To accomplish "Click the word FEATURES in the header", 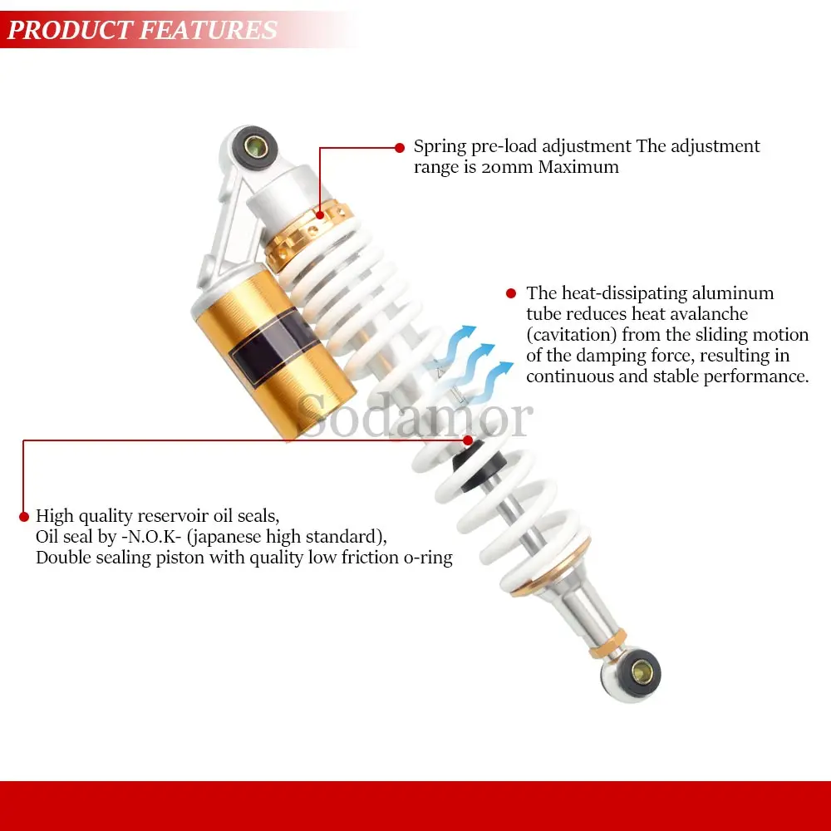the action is point(209,30).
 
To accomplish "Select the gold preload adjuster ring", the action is point(308,234).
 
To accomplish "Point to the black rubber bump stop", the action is point(477,464).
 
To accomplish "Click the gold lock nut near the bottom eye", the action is point(607,643).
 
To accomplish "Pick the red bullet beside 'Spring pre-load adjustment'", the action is point(400,148).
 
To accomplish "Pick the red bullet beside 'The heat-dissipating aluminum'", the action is point(511,293).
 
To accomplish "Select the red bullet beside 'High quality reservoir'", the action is point(24,517).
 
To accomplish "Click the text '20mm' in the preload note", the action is point(507,167).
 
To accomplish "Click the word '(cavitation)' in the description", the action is point(572,335).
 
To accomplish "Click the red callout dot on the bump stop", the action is point(467,440).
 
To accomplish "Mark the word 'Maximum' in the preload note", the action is point(578,167).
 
